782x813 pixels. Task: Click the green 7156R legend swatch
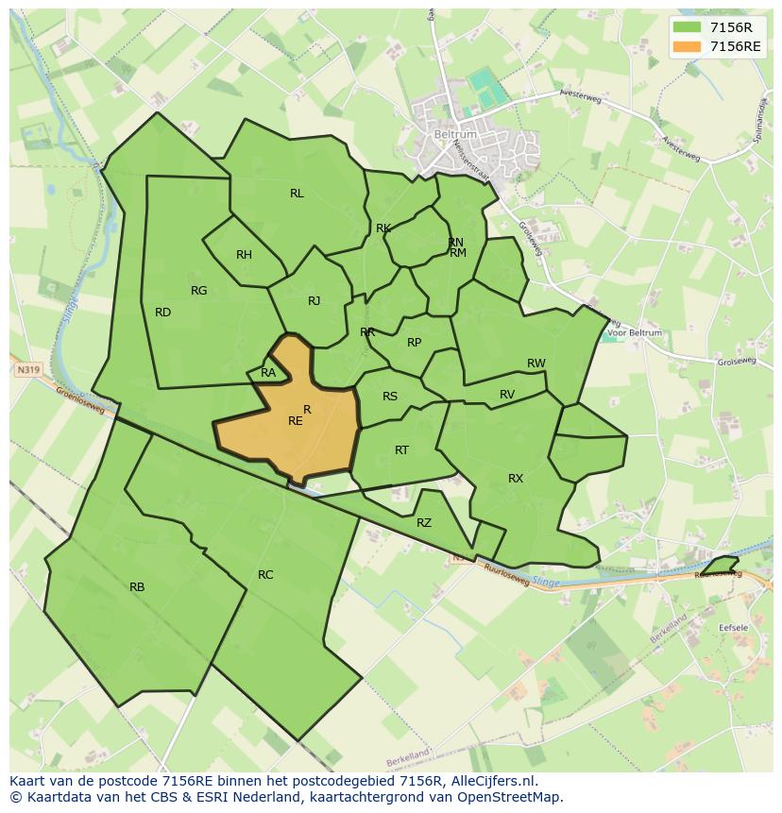click(x=688, y=27)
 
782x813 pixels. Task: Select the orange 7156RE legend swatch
click(x=688, y=46)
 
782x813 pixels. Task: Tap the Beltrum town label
click(x=454, y=135)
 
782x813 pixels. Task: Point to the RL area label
click(x=297, y=194)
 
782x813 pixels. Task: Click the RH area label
click(x=244, y=255)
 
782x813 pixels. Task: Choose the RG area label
click(x=198, y=291)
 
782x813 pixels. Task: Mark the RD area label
click(x=162, y=313)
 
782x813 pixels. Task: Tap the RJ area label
click(x=314, y=302)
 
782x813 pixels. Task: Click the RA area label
click(x=268, y=373)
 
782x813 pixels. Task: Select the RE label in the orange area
click(x=296, y=421)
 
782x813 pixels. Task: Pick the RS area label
click(x=390, y=397)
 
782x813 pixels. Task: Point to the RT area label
click(x=401, y=450)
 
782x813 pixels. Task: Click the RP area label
click(x=414, y=343)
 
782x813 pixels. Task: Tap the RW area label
click(x=535, y=364)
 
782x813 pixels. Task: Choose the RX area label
click(x=515, y=479)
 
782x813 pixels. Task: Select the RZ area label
click(x=423, y=523)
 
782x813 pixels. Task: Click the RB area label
click(x=137, y=587)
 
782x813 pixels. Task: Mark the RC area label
click(x=265, y=575)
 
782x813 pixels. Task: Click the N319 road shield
click(x=27, y=370)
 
